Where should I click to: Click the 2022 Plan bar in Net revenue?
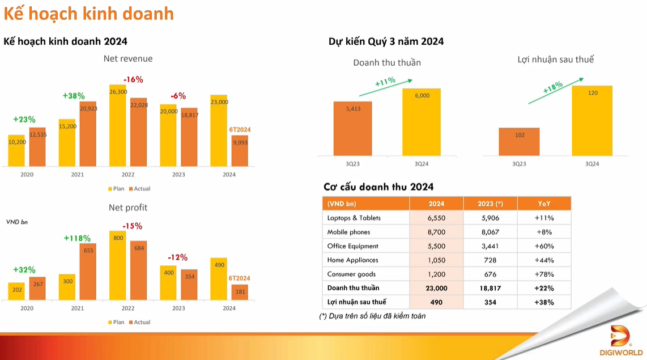(x=118, y=126)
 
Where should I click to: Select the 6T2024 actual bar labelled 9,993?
(x=240, y=151)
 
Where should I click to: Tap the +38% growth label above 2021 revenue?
(x=74, y=96)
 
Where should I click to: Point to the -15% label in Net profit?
(x=133, y=226)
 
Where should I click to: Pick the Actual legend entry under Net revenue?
(x=140, y=188)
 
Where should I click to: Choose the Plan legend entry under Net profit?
(x=116, y=322)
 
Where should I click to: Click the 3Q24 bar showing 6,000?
(x=422, y=121)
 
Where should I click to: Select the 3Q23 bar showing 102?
(x=519, y=142)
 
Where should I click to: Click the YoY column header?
(x=544, y=204)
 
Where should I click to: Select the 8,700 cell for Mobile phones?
(x=436, y=232)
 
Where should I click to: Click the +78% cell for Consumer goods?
(x=544, y=274)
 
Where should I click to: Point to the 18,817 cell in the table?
(x=490, y=288)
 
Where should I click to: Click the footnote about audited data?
(x=372, y=316)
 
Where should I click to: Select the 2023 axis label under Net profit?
(x=178, y=308)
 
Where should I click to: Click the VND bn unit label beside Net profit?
(x=17, y=222)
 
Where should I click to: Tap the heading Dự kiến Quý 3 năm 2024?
(x=386, y=41)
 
